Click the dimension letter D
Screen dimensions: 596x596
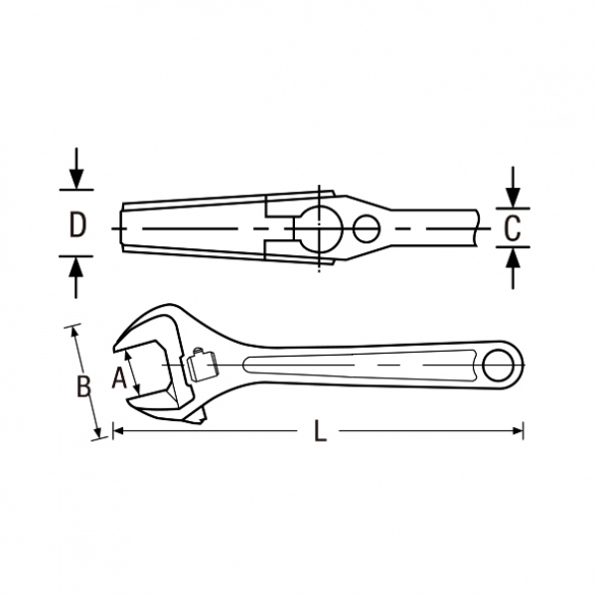pos(77,224)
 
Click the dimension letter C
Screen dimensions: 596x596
pos(512,228)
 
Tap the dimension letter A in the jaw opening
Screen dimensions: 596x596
pos(119,377)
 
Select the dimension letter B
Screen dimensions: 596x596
pos(83,386)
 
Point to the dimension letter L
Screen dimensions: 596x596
pos(321,430)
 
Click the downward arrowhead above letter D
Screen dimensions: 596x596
pos(76,179)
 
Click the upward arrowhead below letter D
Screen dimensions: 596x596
pos(76,267)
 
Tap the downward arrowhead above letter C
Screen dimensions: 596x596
pos(513,198)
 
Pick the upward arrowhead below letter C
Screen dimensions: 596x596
pos(513,257)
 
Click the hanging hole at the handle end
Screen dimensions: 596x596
pos(498,366)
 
